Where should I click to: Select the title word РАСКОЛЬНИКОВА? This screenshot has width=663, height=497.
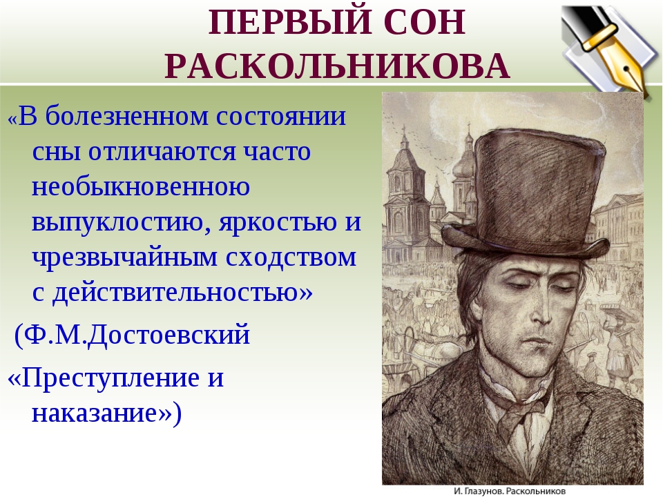coord(338,66)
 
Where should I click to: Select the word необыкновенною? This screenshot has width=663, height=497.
coord(141,187)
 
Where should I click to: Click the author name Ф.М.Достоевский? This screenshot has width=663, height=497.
coord(133,335)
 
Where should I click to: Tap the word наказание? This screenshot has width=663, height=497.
coord(102,413)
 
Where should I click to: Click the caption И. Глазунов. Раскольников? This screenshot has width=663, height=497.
coord(510,491)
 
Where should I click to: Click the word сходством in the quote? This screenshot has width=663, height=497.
coord(291,257)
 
